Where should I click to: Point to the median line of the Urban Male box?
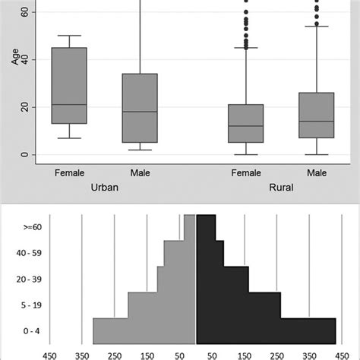[x=140, y=112]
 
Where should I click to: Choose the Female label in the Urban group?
[x=69, y=173]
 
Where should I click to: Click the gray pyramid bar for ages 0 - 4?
[x=144, y=330]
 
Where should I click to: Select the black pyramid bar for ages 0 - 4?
[x=266, y=330]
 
